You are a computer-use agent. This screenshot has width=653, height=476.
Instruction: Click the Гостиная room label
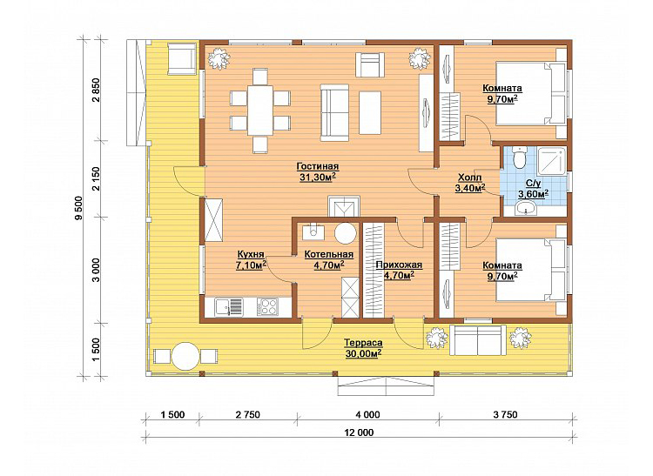317,166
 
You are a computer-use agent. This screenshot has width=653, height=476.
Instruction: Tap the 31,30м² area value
318,178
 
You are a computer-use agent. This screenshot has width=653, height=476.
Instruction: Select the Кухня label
251,254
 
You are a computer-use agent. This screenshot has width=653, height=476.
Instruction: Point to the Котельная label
328,254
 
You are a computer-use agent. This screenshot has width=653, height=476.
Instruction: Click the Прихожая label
399,265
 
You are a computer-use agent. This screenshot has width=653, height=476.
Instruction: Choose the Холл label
470,178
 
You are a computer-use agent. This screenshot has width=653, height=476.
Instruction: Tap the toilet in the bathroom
519,157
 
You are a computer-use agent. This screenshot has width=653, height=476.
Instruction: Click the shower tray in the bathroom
552,159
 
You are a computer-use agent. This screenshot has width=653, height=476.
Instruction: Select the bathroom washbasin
528,208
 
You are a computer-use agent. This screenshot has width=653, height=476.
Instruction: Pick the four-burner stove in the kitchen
267,306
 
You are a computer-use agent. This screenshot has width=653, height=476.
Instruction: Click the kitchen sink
229,307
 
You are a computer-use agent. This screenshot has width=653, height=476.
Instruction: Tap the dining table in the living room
260,110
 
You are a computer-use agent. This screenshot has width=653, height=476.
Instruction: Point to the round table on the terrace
185,356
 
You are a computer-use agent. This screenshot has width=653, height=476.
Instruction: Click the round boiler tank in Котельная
346,233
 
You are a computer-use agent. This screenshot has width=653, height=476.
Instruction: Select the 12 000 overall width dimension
359,432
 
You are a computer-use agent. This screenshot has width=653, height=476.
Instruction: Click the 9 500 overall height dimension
80,208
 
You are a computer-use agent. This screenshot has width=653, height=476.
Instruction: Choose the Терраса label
363,343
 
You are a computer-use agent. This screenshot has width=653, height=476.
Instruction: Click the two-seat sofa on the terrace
478,340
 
